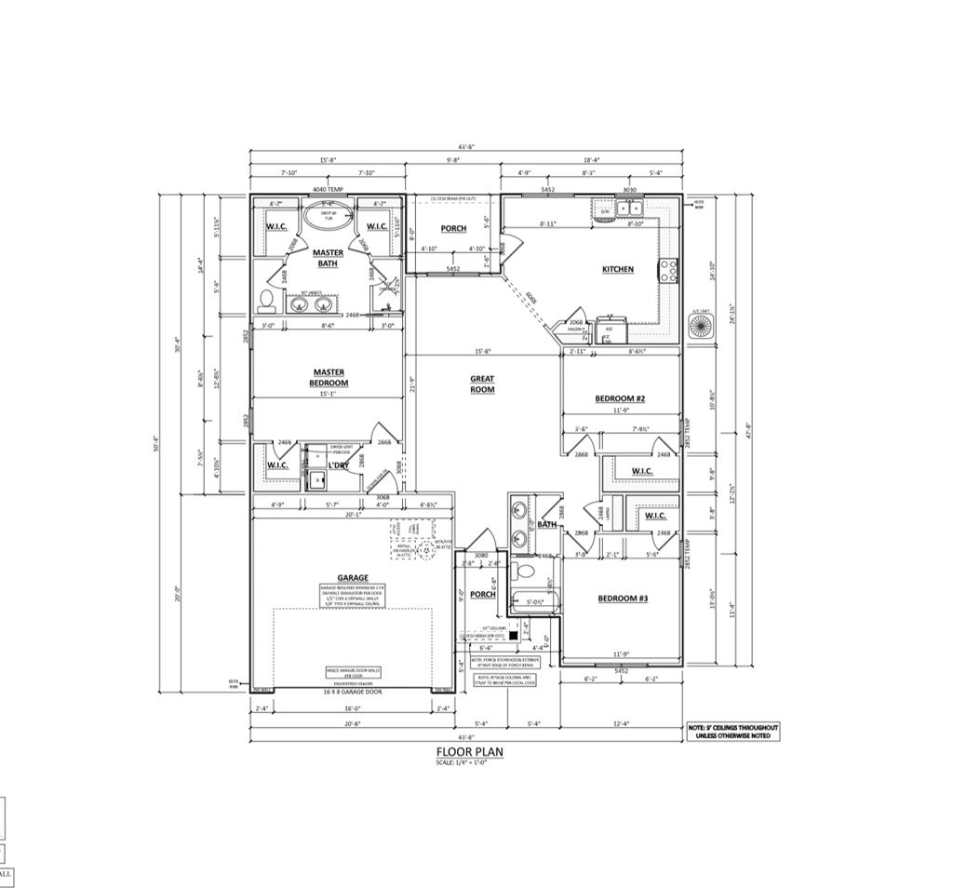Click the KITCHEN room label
tap(617, 269)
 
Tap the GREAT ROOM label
tap(482, 383)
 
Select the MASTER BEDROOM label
tap(329, 377)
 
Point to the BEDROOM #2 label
tap(620, 398)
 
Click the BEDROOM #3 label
tap(622, 599)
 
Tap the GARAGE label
tap(353, 577)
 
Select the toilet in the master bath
tap(266, 301)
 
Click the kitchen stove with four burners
tap(668, 270)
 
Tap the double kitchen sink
tap(630, 209)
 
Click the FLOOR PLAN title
tap(470, 752)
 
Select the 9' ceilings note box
tap(732, 732)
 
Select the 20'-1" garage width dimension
tap(353, 513)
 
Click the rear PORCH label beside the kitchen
tap(453, 229)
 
